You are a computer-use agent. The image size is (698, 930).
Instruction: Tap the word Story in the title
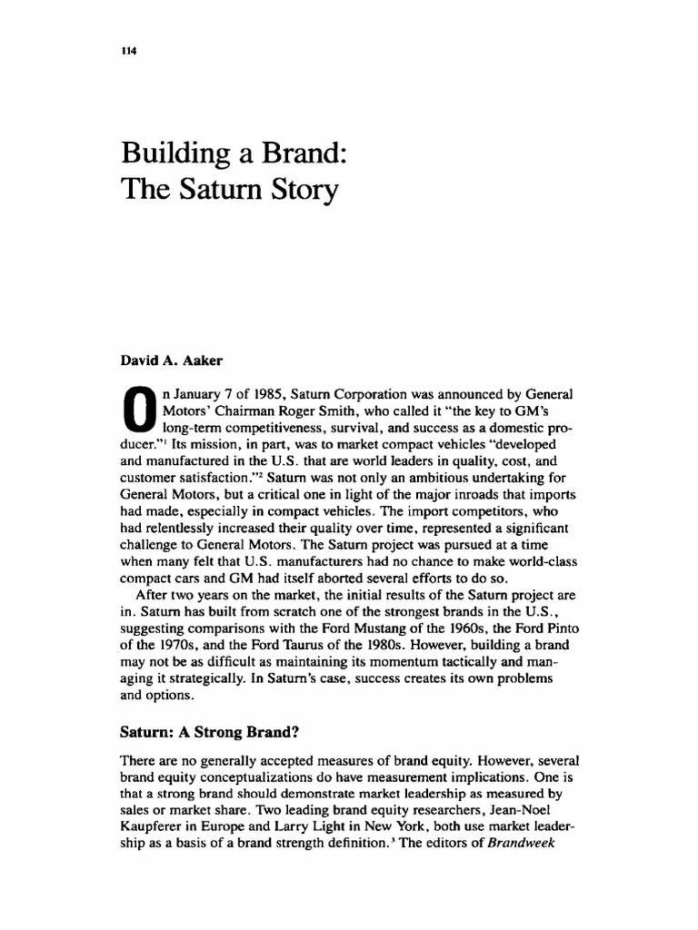[304, 192]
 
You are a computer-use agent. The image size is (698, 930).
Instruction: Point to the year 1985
[264, 391]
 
